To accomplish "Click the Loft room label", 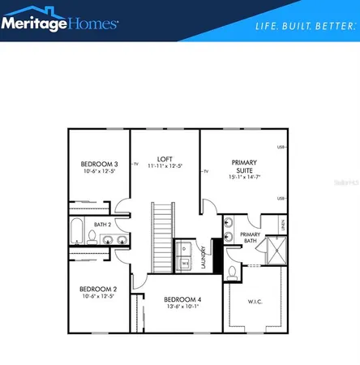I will click(165, 159).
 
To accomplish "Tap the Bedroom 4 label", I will click(182, 299).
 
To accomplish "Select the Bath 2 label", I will click(102, 224).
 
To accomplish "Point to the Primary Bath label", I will click(249, 237).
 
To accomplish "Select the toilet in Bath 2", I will click(93, 237).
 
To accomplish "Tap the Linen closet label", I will click(282, 225).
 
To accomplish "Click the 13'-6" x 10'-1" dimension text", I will click(182, 307).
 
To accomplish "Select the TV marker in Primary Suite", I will click(207, 171).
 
